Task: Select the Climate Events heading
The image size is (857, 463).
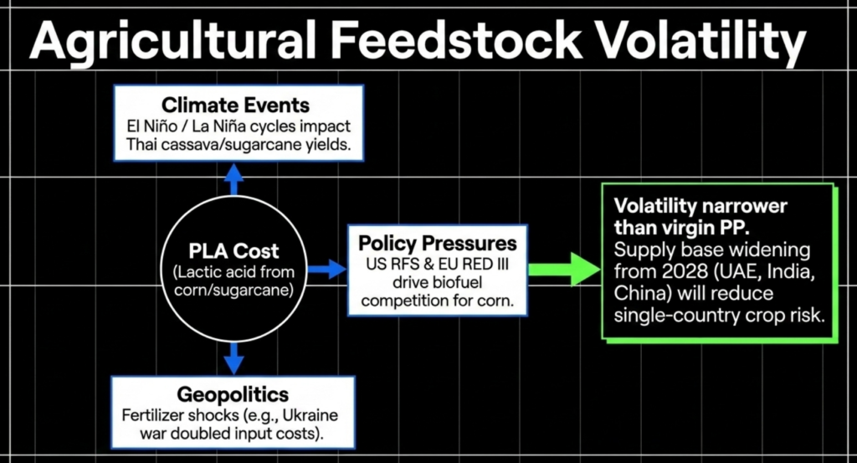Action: [x=235, y=105]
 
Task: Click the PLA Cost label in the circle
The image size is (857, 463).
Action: [x=233, y=251]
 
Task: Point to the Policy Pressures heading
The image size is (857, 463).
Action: [x=437, y=244]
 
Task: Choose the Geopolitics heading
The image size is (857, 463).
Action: [x=233, y=394]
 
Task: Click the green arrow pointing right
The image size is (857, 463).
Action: [x=564, y=269]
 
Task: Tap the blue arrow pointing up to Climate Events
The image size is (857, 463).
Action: [x=233, y=180]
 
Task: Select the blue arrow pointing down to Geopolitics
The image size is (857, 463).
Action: [x=234, y=358]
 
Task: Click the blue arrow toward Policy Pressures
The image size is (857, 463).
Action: [x=327, y=269]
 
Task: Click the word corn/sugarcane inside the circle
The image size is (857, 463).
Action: [x=233, y=289]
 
